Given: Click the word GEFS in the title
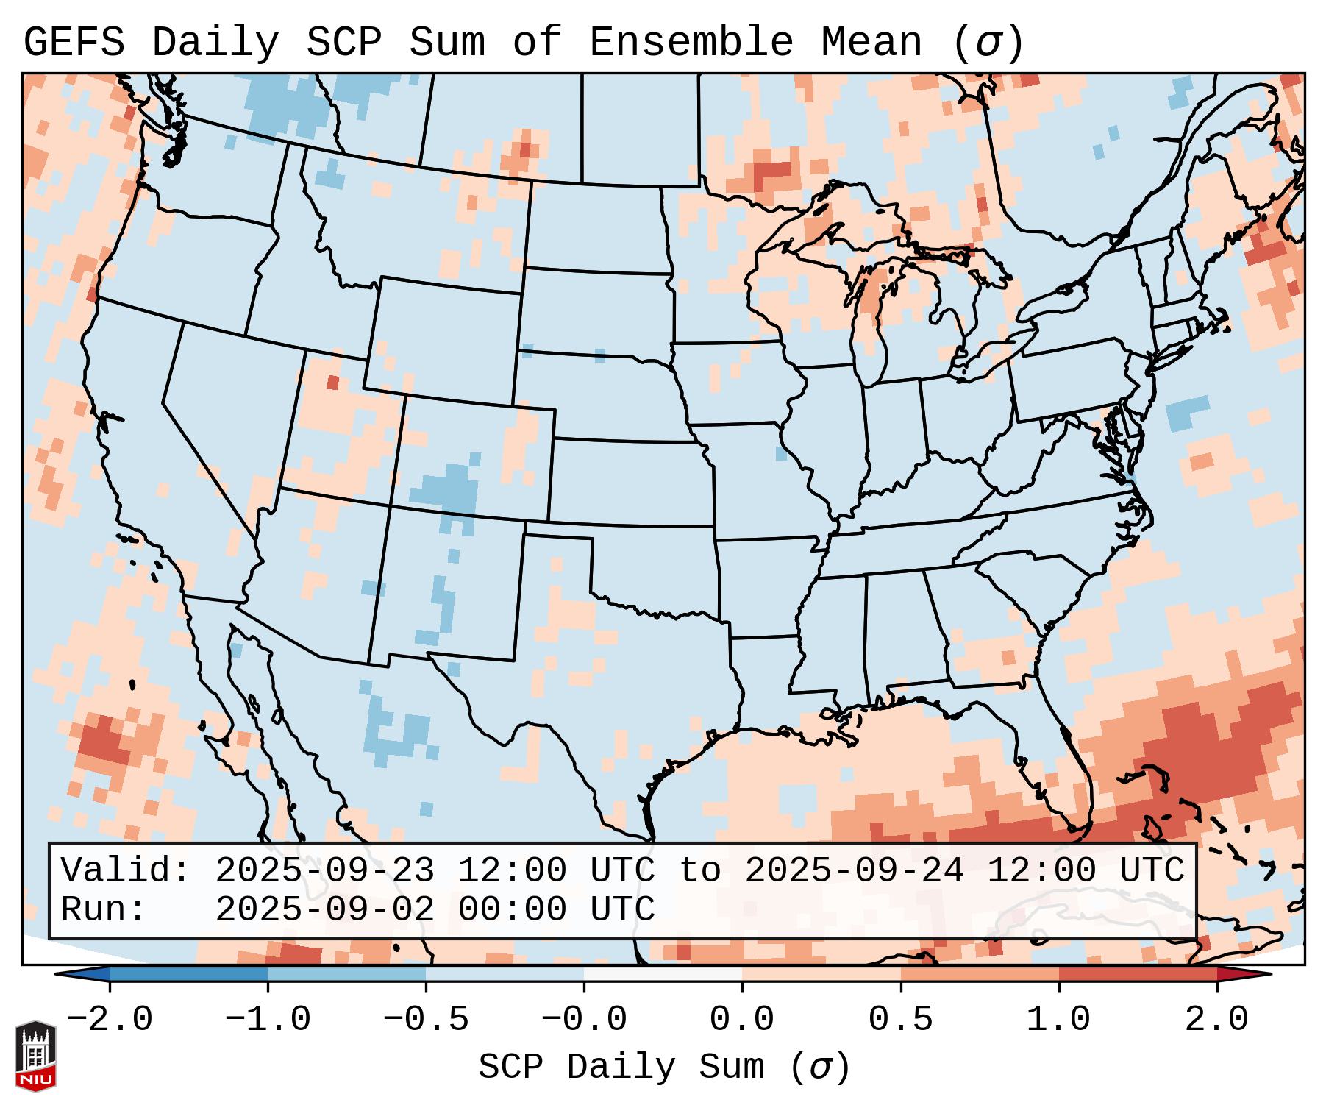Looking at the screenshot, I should point(74,43).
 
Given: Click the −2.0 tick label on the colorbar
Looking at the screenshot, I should point(110,1020).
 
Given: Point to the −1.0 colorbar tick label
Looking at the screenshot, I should point(268,1020).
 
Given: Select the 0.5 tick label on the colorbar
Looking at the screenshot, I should point(900,1020).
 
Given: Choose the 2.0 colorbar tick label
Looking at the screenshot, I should point(1216,1020).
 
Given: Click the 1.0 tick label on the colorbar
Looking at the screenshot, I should point(1058,1020).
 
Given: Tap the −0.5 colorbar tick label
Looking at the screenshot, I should point(426,1020).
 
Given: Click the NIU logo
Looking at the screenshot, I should point(35,1056).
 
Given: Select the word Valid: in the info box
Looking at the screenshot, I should point(126,871).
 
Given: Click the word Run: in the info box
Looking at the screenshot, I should point(104,909).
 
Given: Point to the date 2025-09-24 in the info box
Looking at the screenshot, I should point(854,871).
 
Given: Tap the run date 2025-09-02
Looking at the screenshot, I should point(324,909).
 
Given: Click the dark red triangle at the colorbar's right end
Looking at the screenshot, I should point(1243,974).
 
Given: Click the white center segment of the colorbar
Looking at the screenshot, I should point(663,974).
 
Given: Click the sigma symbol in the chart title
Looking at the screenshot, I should point(988,43).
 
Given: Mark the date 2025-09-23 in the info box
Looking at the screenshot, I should point(324,871).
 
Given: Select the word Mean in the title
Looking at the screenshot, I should point(871,43).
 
